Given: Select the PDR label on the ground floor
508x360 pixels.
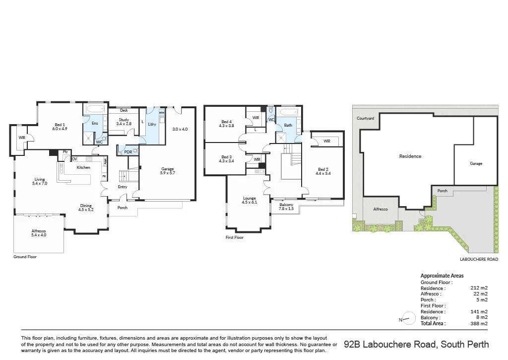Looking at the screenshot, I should point(127,152).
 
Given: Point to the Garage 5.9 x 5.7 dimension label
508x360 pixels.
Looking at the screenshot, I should point(167,171).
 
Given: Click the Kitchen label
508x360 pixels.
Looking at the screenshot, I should point(83,167).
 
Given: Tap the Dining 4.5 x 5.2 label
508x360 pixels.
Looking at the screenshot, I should point(86,208).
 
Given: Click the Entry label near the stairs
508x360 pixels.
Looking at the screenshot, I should point(123,187).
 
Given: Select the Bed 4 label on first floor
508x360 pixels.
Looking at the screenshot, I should point(227,124).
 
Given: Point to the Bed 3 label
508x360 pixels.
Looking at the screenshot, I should point(227,159).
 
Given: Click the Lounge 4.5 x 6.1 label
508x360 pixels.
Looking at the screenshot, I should point(250,201).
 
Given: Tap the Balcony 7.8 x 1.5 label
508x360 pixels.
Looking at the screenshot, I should point(286,207).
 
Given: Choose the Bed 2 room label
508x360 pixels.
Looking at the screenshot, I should point(323,171).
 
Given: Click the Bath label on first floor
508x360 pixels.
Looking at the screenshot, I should point(288,125).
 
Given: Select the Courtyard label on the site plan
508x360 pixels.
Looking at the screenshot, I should point(365,118).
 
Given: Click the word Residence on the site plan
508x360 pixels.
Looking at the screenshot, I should point(410,156).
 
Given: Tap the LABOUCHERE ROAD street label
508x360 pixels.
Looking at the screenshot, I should point(478,259).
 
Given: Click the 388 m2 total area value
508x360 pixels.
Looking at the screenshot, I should point(480,323).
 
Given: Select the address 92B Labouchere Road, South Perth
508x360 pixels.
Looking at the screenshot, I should point(416,344).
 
